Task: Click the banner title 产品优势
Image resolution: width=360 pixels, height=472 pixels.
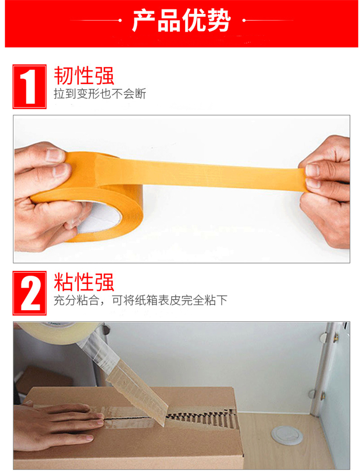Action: coord(181,21)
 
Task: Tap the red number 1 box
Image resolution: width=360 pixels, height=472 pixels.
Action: coord(29,87)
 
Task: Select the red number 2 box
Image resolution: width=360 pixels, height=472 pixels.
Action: coord(29,293)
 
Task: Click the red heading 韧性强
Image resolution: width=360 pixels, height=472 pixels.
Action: coord(84,75)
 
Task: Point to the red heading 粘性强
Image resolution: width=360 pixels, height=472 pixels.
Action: coord(84,282)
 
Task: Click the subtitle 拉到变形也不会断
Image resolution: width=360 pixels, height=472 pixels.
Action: coord(100,94)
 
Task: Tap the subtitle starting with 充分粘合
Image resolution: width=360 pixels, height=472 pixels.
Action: coord(140,301)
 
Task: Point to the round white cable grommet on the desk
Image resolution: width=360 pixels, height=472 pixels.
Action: coord(286,435)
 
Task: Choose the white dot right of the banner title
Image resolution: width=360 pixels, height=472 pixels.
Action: coord(244,21)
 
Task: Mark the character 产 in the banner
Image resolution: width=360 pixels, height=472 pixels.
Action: coord(144,21)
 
